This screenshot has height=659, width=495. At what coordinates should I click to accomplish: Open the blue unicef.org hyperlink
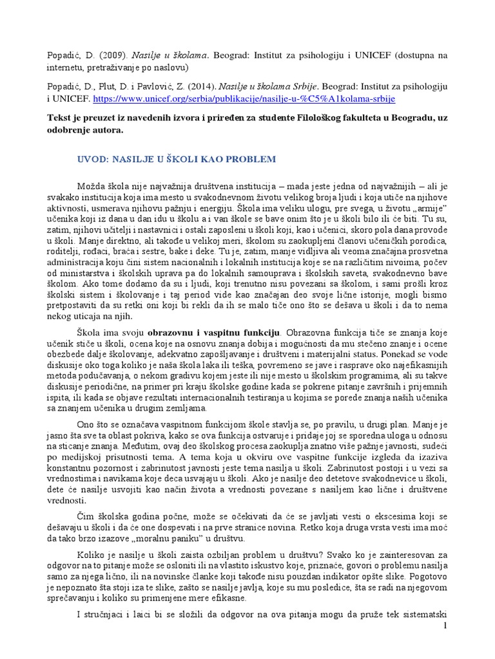click(244, 99)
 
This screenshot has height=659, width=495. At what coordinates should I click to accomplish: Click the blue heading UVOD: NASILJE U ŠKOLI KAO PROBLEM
click(177, 159)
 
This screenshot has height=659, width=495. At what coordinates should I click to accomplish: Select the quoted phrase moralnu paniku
click(206, 537)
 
